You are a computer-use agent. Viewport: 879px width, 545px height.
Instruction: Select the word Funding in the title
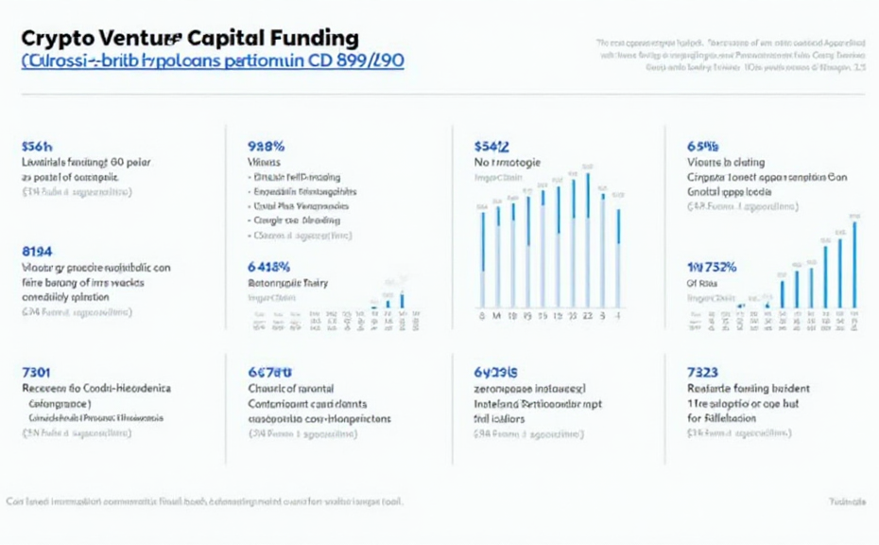(x=318, y=39)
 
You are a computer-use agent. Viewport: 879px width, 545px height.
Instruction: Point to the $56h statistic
(x=37, y=147)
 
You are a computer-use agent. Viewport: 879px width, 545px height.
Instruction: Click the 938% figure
(x=266, y=147)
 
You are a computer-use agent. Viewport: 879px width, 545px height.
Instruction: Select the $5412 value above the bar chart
(x=491, y=147)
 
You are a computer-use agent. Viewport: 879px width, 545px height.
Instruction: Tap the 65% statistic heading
(x=702, y=147)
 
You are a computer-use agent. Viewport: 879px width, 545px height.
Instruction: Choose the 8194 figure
(x=37, y=251)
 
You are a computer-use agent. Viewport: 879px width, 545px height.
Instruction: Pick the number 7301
(x=36, y=372)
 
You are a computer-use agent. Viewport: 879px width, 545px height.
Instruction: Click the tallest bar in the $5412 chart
(x=588, y=237)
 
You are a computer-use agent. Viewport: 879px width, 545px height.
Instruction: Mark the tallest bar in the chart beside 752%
(x=854, y=264)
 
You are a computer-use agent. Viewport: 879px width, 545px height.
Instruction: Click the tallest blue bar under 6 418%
(x=402, y=301)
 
